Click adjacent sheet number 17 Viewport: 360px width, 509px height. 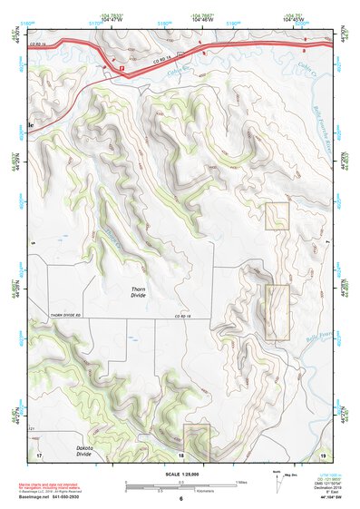[39, 454]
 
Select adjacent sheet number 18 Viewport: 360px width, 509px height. [180, 454]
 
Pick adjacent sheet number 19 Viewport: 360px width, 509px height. [323, 454]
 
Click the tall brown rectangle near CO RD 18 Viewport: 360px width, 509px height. [277, 312]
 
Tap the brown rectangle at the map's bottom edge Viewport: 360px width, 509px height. [197, 442]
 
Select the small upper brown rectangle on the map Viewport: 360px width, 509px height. [277, 216]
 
